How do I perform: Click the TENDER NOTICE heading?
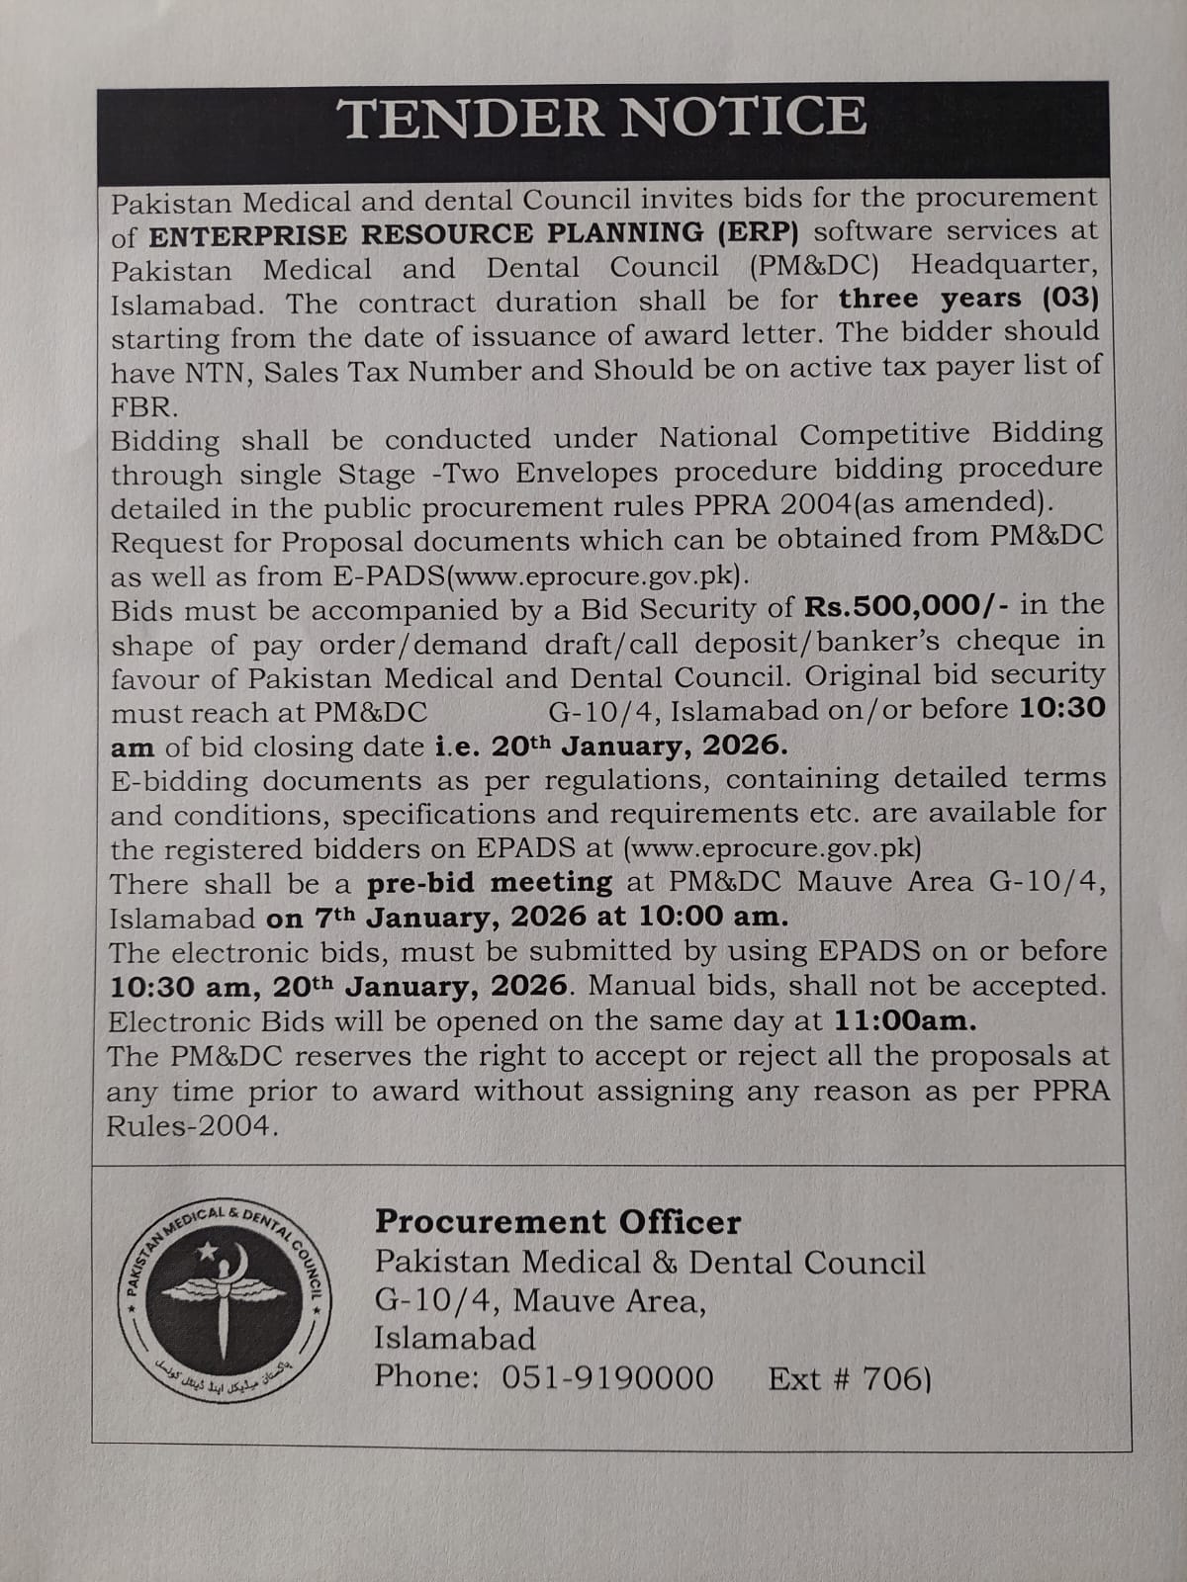602,118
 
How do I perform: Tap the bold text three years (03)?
968,299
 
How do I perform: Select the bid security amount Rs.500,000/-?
907,606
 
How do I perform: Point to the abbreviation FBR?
144,406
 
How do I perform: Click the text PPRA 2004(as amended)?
915,503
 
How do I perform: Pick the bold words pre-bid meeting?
490,882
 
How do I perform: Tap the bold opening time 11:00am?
905,1020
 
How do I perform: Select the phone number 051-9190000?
607,1377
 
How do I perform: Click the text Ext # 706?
848,1378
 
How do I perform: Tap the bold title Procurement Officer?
557,1222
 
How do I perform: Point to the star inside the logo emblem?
209,1254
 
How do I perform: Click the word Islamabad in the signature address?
454,1339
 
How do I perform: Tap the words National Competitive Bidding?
880,435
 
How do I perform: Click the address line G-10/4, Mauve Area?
539,1300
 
